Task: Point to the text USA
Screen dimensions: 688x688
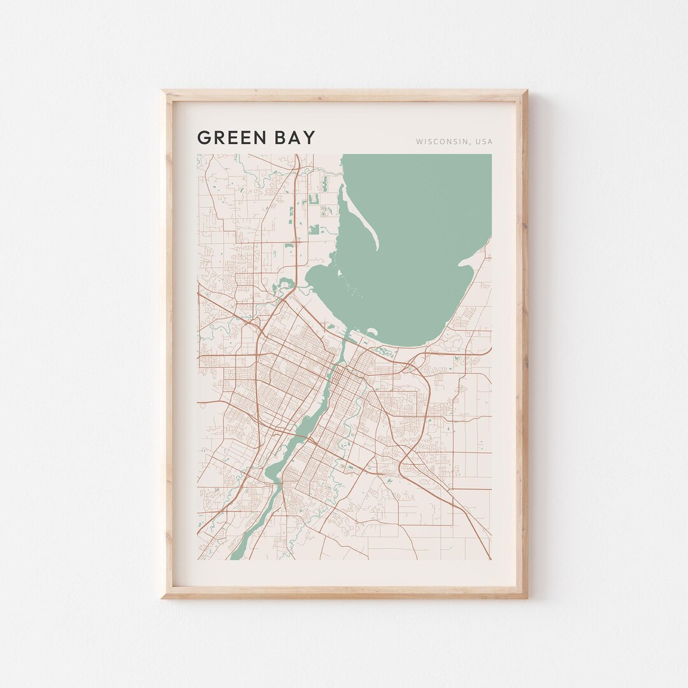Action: point(484,141)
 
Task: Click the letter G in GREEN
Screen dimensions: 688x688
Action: point(204,138)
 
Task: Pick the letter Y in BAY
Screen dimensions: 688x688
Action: point(310,138)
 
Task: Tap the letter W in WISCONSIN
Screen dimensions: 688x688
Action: point(420,141)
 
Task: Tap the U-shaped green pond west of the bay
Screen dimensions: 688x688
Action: point(314,198)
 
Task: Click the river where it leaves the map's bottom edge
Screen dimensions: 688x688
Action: point(237,555)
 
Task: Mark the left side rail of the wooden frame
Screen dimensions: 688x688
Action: point(168,344)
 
